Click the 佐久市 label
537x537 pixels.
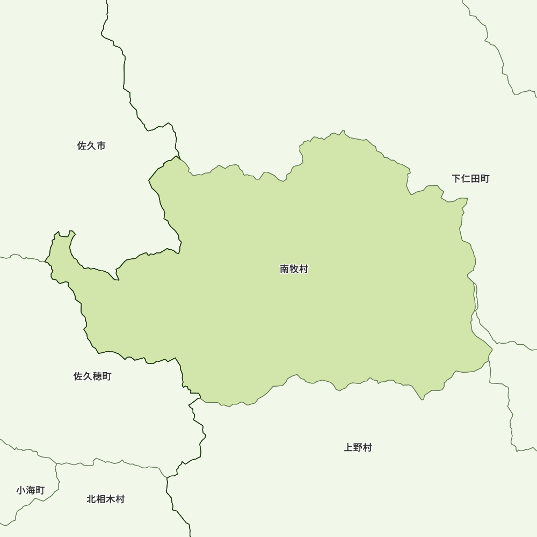pos(91,146)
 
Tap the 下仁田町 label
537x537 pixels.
pos(470,179)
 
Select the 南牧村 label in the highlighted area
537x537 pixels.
pos(294,269)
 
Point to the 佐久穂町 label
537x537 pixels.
pos(92,376)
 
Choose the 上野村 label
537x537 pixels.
pos(358,447)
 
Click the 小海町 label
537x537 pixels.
pos(31,490)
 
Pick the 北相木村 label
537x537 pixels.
pos(106,499)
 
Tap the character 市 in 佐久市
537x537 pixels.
pos(101,146)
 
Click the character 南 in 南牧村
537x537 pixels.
pos(285,269)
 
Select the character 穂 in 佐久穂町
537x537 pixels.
pos(97,376)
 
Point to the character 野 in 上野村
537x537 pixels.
pos(358,447)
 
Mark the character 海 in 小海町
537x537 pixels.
pos(31,490)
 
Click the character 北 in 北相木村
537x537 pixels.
pos(91,499)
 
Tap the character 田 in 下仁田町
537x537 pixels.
pos(475,179)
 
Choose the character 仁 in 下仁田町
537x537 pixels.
pos(466,179)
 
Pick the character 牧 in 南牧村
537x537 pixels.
pos(294,269)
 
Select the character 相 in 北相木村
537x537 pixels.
pos(101,499)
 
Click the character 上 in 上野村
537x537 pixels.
pos(348,447)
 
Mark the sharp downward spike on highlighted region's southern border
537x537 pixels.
pos(422,399)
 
